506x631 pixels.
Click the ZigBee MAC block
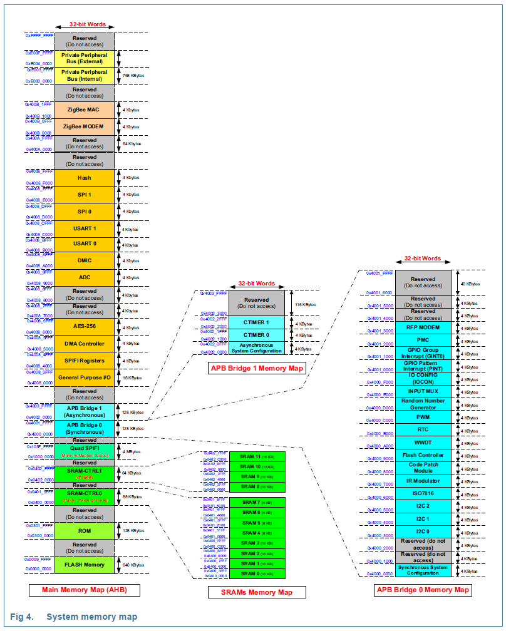85,110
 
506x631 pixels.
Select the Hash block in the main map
85,178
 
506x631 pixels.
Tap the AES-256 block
85,327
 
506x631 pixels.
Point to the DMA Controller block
85,344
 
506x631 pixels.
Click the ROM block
85,530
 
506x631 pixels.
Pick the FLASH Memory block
85,565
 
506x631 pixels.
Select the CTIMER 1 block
256,322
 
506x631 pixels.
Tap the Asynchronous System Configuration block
256,347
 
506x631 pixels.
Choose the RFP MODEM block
423,327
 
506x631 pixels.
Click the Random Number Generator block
423,404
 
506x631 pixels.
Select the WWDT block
423,443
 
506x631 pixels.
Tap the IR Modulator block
423,481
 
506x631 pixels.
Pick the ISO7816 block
423,493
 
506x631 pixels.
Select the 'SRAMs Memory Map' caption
257,592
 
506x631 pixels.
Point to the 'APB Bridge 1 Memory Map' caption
257,369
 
